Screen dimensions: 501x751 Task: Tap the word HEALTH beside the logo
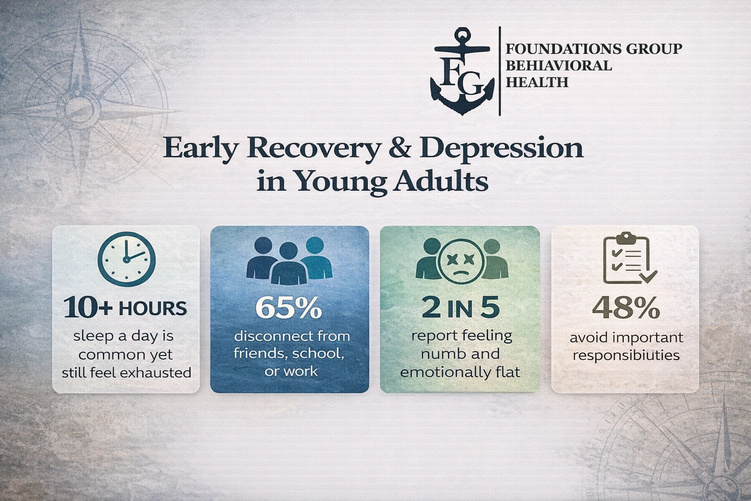pos(537,82)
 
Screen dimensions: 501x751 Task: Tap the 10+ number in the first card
pos(88,308)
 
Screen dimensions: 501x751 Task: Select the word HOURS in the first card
pos(153,309)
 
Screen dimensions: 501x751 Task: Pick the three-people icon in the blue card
pos(289,261)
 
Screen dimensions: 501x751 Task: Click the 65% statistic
pos(289,308)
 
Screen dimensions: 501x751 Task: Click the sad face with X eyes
pos(461,262)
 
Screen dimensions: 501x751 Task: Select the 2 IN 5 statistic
pos(461,308)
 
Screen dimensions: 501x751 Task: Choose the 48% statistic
pos(626,309)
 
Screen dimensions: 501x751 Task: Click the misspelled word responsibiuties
pos(626,355)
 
